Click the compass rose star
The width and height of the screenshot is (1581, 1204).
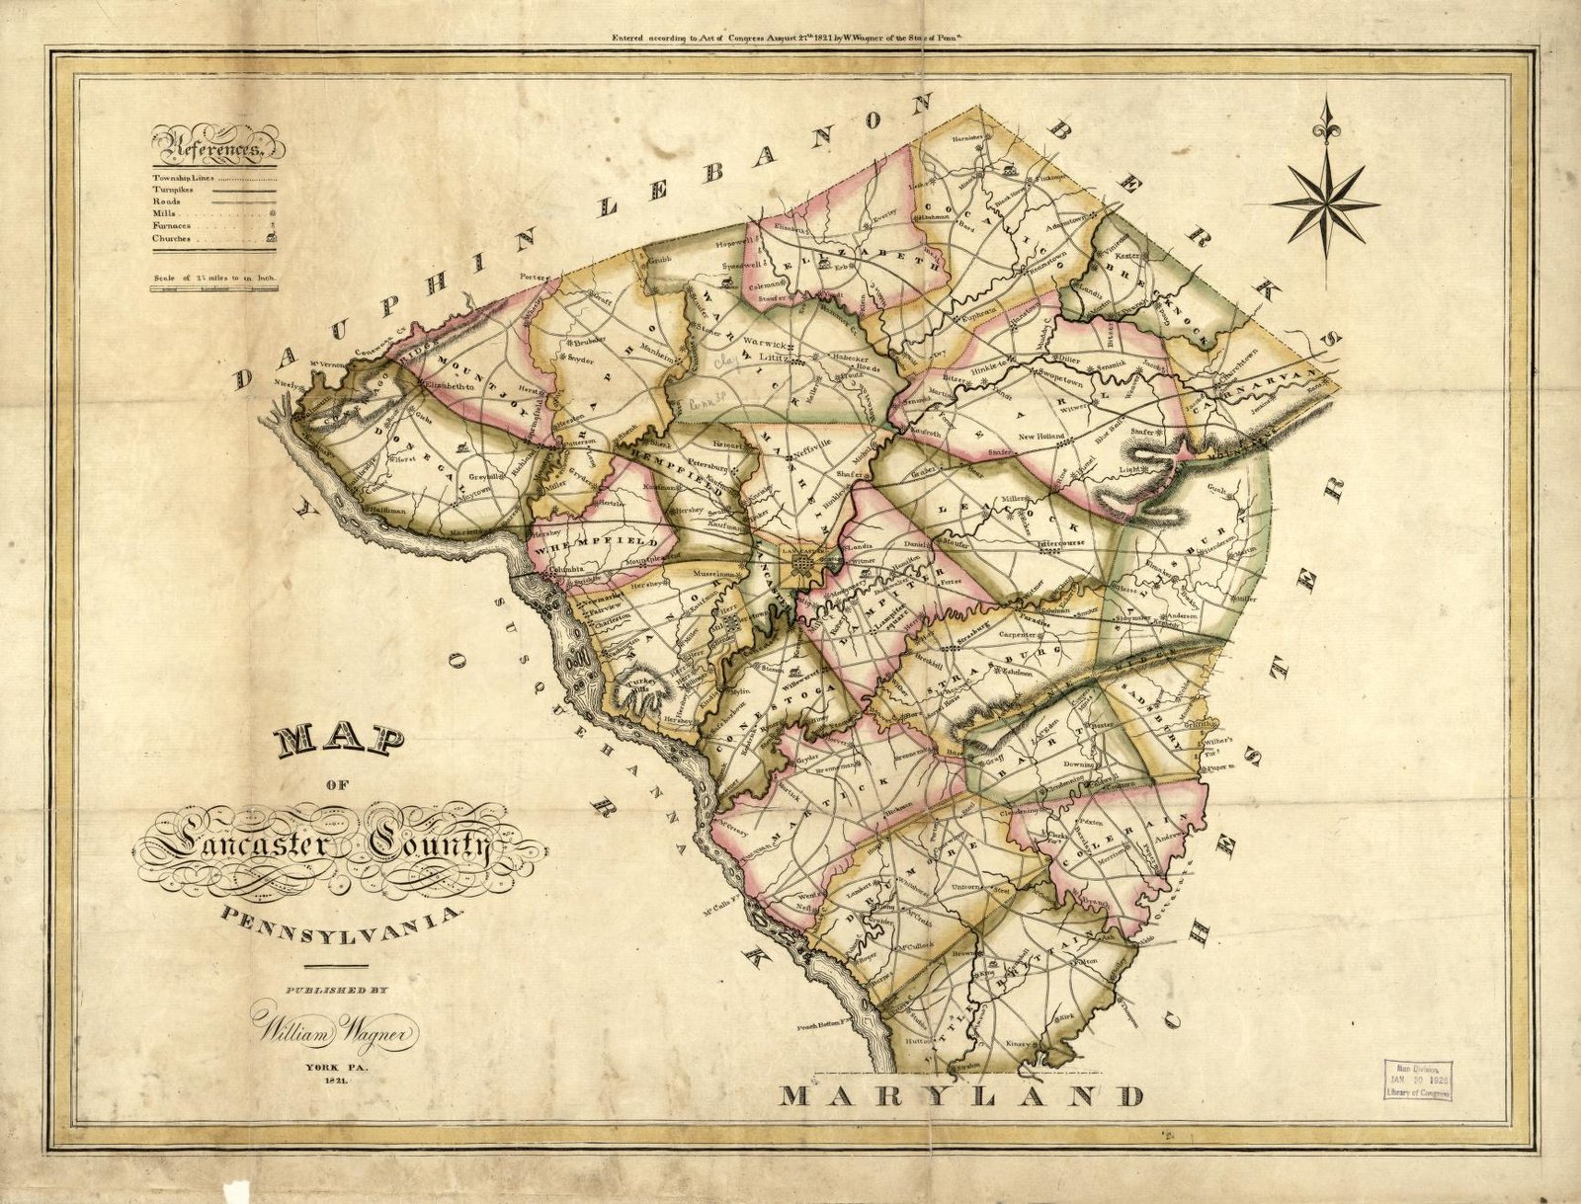point(1325,201)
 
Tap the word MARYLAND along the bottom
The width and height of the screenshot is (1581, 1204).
point(962,1095)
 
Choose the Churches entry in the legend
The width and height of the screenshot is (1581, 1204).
point(172,238)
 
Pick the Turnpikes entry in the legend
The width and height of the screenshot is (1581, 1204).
point(173,189)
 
